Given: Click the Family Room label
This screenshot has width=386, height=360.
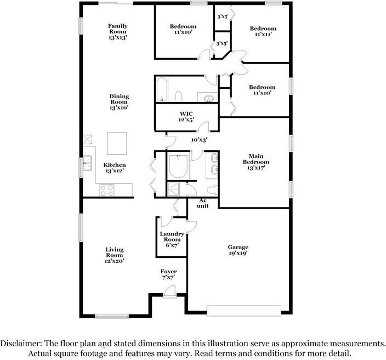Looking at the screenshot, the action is click(x=118, y=31).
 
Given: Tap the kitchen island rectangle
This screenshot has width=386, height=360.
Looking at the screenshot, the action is click(x=117, y=143).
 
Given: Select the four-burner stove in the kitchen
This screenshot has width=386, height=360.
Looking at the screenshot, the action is click(x=107, y=190).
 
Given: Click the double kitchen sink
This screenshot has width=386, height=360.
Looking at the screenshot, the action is click(x=87, y=163).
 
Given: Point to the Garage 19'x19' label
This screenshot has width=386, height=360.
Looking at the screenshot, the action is click(x=238, y=250).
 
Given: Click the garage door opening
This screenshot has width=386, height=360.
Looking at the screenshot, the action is click(x=243, y=311).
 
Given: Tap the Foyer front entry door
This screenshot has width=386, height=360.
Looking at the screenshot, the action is click(x=169, y=291).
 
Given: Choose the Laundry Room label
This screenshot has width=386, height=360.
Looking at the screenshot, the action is click(x=172, y=239).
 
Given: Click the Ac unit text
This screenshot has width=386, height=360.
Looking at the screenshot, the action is click(x=203, y=203).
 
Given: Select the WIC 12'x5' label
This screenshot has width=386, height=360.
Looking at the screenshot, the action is click(x=186, y=117).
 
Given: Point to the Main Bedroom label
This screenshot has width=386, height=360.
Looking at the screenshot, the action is click(x=256, y=162).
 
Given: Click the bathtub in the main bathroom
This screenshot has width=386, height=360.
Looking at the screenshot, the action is click(x=178, y=166).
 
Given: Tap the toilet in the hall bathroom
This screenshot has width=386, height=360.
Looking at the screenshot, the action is click(x=178, y=97).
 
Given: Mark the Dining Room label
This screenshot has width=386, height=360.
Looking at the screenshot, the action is click(x=119, y=102).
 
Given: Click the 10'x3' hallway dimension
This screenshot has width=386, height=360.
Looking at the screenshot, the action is click(x=199, y=140).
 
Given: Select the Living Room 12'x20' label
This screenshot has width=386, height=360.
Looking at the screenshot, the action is click(x=115, y=255).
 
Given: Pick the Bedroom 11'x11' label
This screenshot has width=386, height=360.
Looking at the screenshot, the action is click(x=263, y=31).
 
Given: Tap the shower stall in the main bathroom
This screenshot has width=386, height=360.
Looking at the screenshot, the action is click(x=174, y=189).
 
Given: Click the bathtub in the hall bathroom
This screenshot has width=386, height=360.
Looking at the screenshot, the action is click(x=162, y=89).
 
